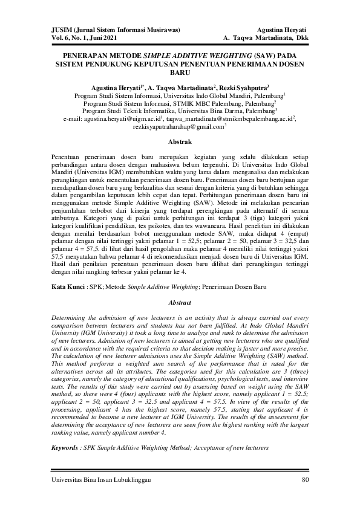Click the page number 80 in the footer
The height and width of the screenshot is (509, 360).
click(306, 480)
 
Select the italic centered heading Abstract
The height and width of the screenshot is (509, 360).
click(180, 302)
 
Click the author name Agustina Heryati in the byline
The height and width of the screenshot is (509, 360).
click(117, 87)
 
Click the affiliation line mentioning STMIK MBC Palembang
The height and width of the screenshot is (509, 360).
click(180, 103)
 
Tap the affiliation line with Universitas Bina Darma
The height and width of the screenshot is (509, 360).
click(180, 111)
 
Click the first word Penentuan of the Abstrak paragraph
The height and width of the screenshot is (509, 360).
click(67, 156)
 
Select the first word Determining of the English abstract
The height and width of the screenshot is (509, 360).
click(72, 317)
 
